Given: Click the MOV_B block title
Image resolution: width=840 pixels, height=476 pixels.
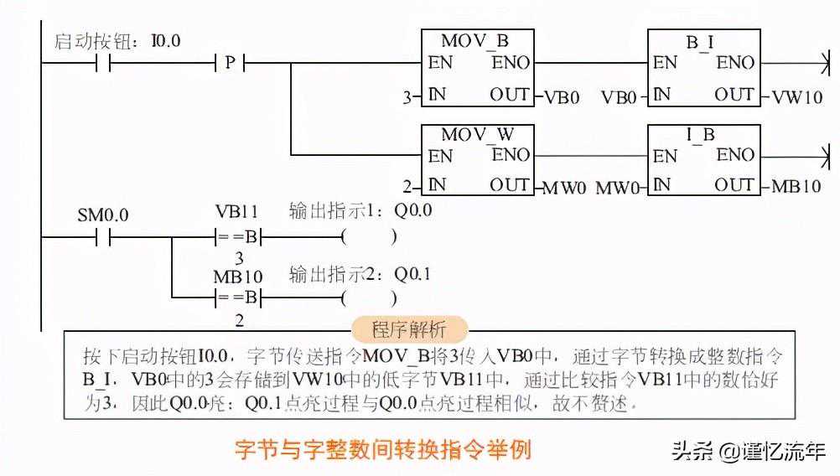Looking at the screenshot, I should (474, 40).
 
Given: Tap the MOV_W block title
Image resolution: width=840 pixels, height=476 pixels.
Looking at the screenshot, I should (475, 134).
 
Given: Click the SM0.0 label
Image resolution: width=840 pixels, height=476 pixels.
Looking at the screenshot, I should (103, 215).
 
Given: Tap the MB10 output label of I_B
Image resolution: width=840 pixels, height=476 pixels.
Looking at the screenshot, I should (796, 186).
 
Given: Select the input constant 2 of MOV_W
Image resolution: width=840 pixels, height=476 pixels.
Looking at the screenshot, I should (407, 187).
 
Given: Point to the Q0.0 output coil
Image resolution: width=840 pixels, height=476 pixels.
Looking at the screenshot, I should (369, 237).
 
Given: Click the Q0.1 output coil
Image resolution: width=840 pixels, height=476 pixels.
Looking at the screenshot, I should (369, 297).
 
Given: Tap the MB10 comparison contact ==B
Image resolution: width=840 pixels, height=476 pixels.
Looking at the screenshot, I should (239, 297).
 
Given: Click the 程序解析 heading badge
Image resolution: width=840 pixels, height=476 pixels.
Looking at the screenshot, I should (410, 329).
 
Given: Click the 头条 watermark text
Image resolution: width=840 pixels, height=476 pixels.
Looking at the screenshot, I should (694, 451).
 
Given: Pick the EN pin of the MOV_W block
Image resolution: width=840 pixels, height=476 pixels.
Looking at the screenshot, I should (440, 156).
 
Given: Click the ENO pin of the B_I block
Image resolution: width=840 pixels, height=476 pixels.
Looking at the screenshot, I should (734, 63).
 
